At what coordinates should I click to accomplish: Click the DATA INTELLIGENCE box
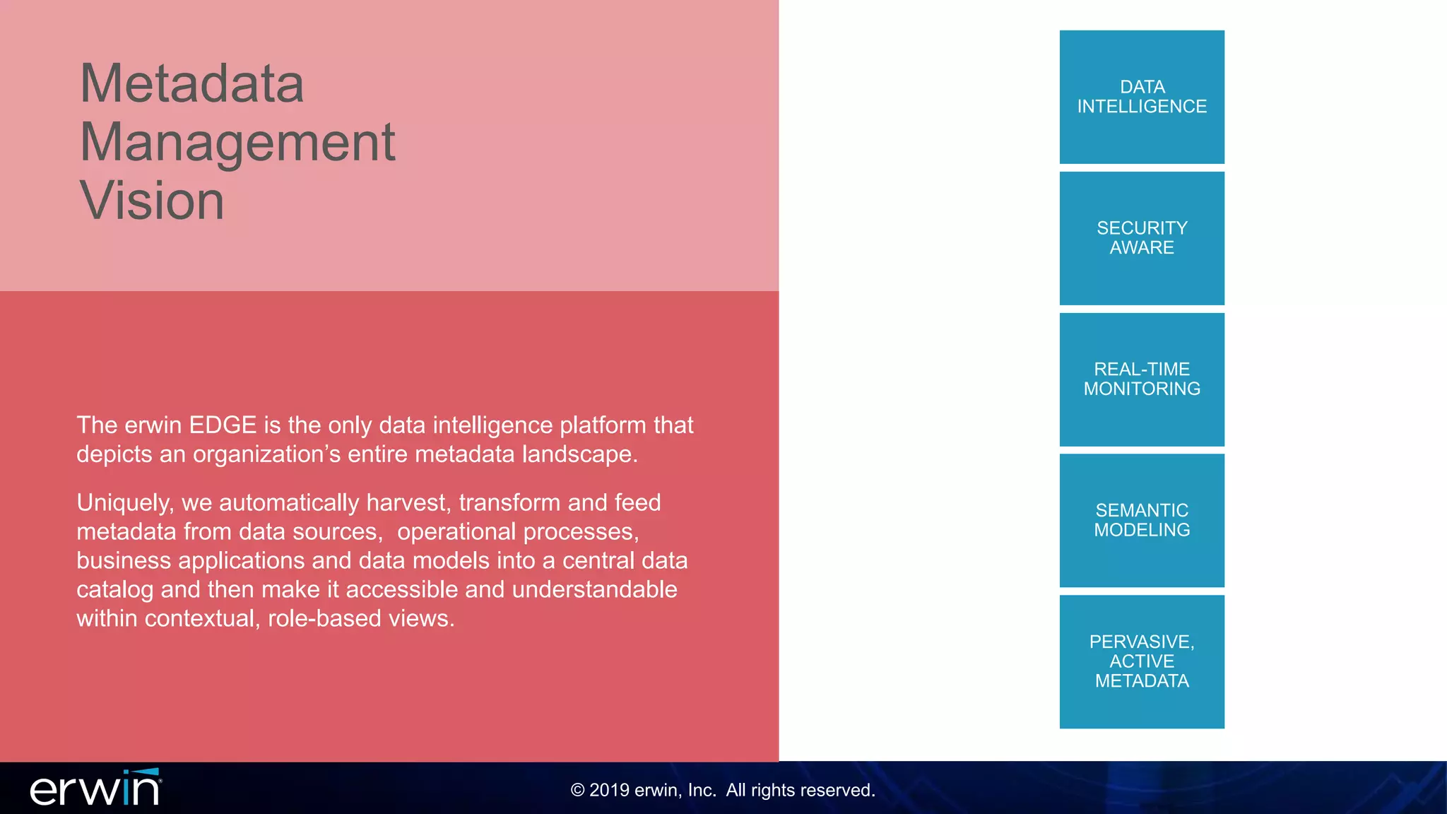(x=1142, y=97)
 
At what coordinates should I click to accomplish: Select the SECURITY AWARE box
(x=1142, y=238)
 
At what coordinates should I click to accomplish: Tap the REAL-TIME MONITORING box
(x=1142, y=379)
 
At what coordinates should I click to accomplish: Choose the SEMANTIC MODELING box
(x=1142, y=521)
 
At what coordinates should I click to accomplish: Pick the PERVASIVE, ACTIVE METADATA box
(x=1142, y=662)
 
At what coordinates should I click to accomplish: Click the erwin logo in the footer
(x=95, y=789)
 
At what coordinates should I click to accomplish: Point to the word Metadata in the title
(x=191, y=83)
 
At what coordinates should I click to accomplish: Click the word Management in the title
(x=237, y=142)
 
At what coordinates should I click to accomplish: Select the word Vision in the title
(x=152, y=201)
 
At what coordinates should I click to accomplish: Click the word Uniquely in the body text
(x=124, y=503)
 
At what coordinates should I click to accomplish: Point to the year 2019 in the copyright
(x=609, y=790)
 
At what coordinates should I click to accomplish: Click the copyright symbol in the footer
(x=578, y=790)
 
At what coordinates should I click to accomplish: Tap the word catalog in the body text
(x=114, y=590)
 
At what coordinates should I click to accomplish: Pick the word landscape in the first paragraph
(x=579, y=454)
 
